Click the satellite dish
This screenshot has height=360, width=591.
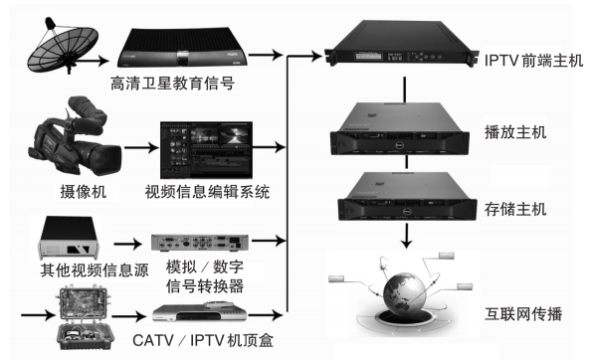(62, 46)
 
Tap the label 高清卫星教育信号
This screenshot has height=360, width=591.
(173, 84)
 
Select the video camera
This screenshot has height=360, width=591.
(74, 136)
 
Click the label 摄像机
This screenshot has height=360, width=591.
(84, 192)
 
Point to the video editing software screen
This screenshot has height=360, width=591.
(206, 150)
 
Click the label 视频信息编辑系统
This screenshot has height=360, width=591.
(207, 192)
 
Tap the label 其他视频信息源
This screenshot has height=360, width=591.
(95, 270)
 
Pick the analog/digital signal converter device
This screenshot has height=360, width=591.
(200, 243)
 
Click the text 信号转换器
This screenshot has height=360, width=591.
(205, 286)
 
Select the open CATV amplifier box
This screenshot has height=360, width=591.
(85, 318)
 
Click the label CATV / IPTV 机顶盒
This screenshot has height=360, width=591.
(203, 340)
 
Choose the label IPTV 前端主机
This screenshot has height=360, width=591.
(533, 61)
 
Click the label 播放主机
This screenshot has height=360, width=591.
(515, 132)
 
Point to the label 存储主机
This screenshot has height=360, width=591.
(515, 209)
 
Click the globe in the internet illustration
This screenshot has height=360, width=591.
(405, 293)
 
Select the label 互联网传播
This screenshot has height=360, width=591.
(523, 314)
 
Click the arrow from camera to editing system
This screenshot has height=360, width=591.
(141, 147)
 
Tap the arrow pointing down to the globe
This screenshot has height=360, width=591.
(406, 236)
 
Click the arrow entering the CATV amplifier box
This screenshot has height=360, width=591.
(39, 315)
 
